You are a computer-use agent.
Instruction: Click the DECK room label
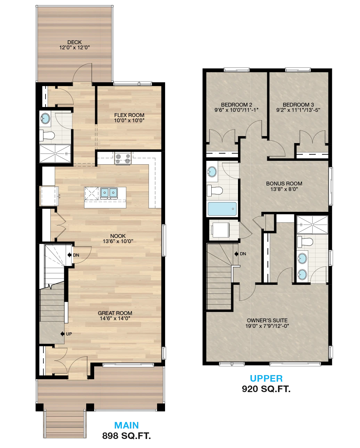[x=74, y=42]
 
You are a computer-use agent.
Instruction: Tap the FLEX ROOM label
[x=129, y=115]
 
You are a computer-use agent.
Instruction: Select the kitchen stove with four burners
[x=123, y=158]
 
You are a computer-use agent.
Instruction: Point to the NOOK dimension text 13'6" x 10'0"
[x=118, y=241]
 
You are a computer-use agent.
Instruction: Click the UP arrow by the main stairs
[x=62, y=334]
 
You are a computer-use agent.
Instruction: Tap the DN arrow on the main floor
[x=69, y=255]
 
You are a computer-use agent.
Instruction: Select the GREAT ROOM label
[x=115, y=313]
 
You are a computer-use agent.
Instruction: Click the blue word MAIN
[x=126, y=425]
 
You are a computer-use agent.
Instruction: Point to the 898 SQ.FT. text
[x=126, y=436]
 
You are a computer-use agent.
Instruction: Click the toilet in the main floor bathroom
[x=47, y=135]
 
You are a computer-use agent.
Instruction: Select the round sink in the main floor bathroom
[x=45, y=118]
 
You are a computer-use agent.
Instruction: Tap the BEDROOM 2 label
[x=236, y=105]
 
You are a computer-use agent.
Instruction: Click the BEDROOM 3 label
[x=298, y=105]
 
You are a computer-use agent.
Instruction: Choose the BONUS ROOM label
[x=284, y=184]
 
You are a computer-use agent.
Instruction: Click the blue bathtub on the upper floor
[x=222, y=209]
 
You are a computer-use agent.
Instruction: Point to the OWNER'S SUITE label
[x=267, y=321]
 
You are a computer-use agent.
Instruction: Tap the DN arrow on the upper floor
[x=236, y=254]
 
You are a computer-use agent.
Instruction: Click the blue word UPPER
[x=266, y=378]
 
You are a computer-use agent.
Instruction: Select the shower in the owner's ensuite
[x=312, y=225]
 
